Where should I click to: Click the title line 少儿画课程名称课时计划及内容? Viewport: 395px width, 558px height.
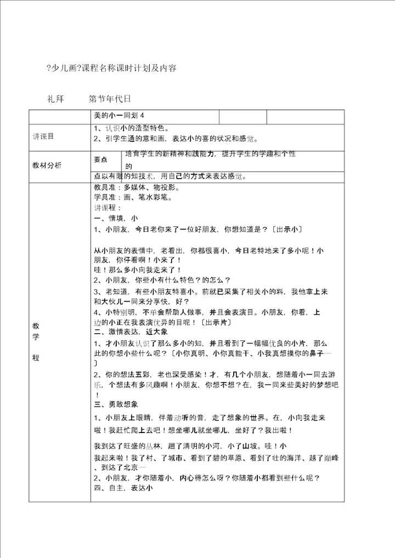pos(112,68)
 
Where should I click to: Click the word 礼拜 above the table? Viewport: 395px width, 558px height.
pos(56,99)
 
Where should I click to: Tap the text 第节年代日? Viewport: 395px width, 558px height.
pos(110,99)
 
